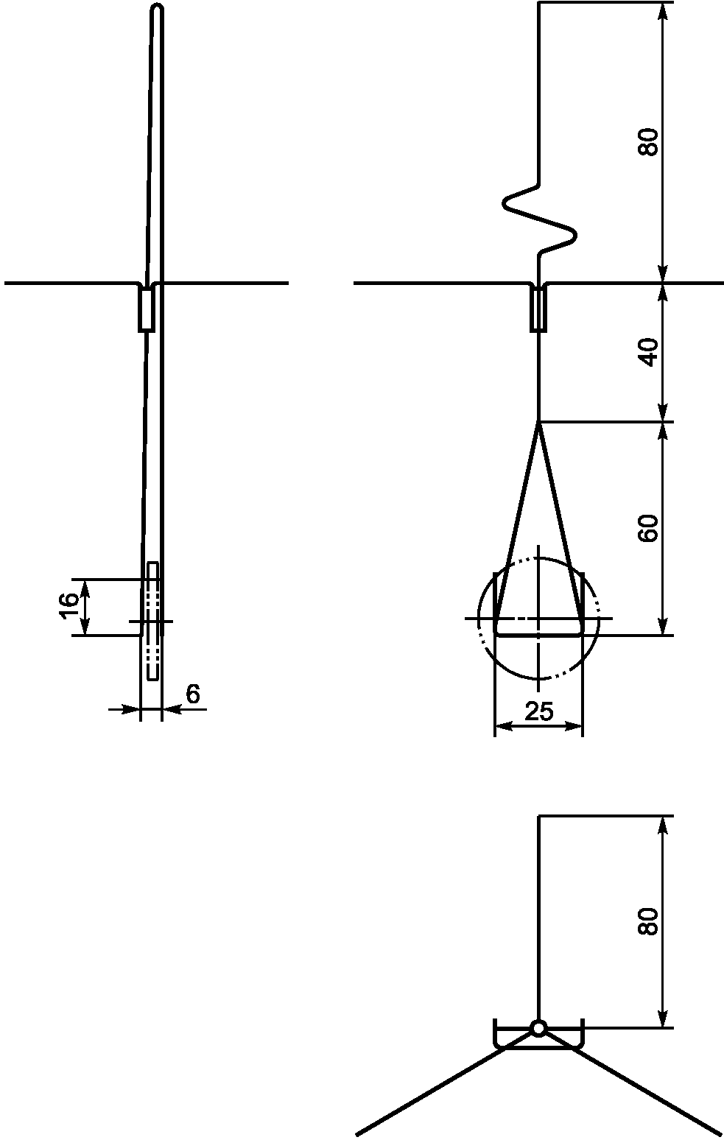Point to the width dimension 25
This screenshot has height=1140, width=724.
point(538,711)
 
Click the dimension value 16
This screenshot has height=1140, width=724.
point(69,606)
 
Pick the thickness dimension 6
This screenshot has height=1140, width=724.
point(193,694)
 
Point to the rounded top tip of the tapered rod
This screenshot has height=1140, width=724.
point(157,7)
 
